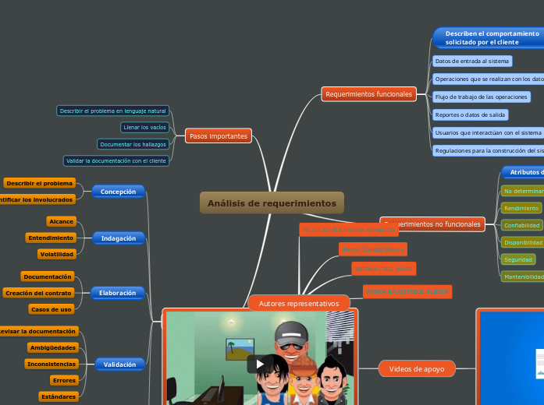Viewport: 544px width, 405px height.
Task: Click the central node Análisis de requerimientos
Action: click(x=272, y=203)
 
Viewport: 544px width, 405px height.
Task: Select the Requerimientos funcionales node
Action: click(x=368, y=94)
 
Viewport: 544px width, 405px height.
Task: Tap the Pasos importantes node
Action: click(x=219, y=136)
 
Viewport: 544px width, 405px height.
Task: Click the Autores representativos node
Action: click(x=299, y=303)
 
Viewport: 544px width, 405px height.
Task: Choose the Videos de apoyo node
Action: click(x=416, y=368)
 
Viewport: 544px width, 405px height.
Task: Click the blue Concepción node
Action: click(x=119, y=191)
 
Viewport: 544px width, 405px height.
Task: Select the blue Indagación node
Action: click(x=119, y=238)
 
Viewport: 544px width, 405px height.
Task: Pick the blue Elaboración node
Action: click(x=118, y=293)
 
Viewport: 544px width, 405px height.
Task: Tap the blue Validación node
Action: click(x=119, y=364)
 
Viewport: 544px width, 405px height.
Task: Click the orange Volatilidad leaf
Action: click(x=57, y=254)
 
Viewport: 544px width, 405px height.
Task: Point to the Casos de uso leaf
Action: click(x=52, y=309)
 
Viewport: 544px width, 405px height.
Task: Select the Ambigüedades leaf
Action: click(x=52, y=347)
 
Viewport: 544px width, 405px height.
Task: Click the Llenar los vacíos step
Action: click(x=146, y=127)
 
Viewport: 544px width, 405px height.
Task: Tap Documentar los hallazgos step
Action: click(x=133, y=144)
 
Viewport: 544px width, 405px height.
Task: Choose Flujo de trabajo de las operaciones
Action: click(x=482, y=97)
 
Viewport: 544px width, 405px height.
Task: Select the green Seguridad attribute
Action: click(x=518, y=259)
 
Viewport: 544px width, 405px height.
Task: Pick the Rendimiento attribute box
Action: click(x=521, y=208)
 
